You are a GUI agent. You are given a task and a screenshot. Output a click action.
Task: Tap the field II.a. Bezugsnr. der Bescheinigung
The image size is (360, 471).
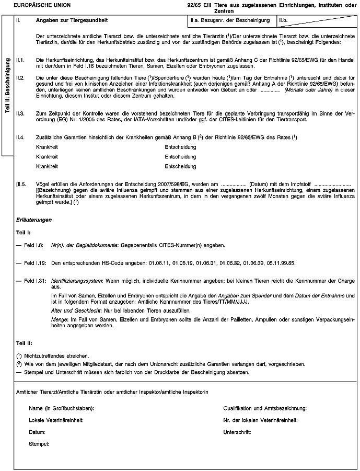(229, 20)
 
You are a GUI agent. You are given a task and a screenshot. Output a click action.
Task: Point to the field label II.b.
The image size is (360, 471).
(285, 20)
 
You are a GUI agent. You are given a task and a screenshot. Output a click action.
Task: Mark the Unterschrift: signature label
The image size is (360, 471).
(237, 432)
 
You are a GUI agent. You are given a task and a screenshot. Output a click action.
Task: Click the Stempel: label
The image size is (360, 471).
(39, 444)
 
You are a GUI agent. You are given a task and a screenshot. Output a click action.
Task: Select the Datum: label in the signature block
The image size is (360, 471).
(38, 432)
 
